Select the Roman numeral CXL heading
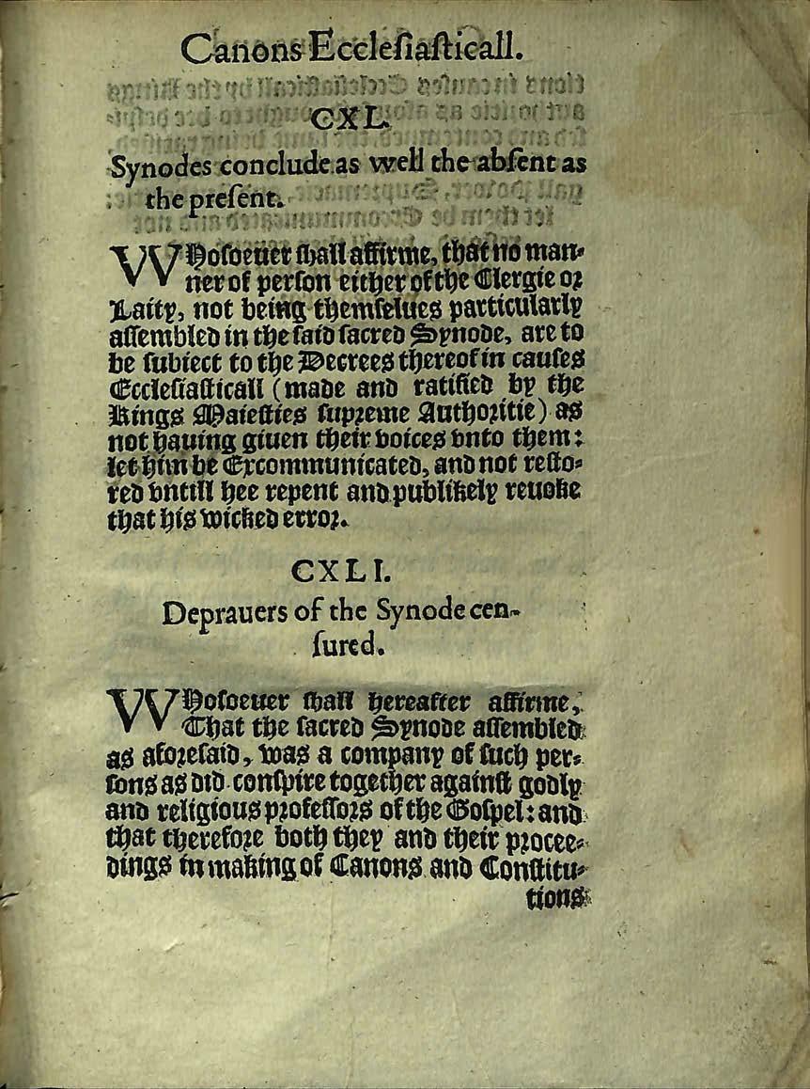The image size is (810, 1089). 348,120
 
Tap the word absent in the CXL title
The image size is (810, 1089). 511,166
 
